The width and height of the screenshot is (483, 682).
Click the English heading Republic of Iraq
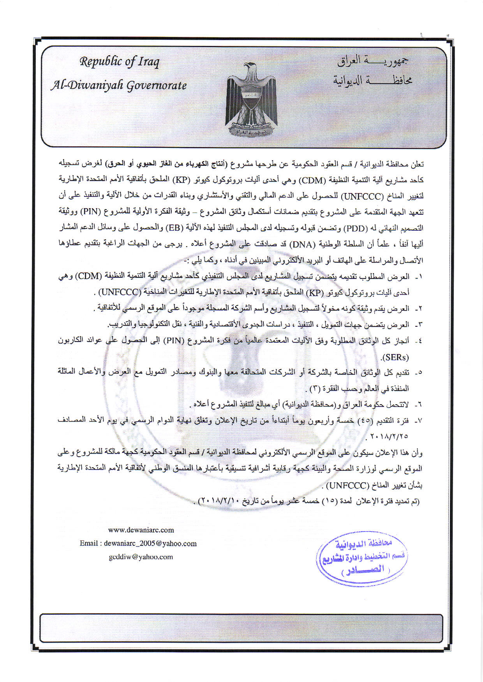[120, 62]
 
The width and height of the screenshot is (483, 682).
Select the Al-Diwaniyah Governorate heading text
[118, 85]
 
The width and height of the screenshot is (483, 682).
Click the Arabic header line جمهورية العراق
[373, 61]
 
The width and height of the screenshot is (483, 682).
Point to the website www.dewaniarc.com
[141, 530]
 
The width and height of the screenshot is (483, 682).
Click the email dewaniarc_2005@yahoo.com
[150, 543]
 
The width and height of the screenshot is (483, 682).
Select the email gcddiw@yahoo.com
[141, 557]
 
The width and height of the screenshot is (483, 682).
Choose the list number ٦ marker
[419, 405]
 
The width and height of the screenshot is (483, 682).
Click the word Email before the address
[89, 543]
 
